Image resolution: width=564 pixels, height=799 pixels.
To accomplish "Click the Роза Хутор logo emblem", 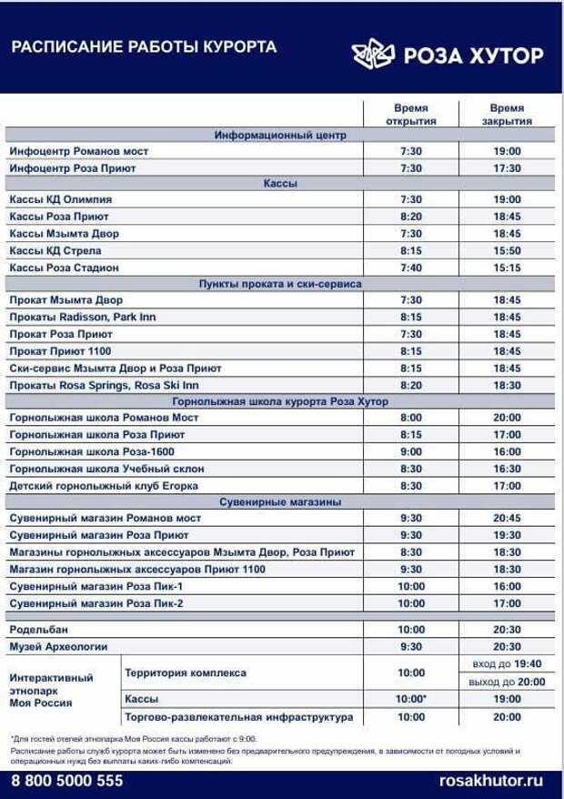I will [372, 55].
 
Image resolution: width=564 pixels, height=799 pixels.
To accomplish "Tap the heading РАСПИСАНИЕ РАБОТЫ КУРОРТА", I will [144, 46].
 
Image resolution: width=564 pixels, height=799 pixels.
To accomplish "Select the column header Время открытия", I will [411, 114].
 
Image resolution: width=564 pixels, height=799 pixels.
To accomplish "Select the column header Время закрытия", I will [507, 114].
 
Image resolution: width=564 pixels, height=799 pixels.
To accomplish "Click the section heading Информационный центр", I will [280, 135].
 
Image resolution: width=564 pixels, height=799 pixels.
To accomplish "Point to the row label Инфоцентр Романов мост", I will [78, 151].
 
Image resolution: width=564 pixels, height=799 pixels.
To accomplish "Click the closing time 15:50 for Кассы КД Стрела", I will [507, 251].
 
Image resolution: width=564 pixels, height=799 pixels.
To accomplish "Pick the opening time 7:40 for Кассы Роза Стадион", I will [411, 268].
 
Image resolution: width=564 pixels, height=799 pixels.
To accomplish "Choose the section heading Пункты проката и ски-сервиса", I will [280, 284].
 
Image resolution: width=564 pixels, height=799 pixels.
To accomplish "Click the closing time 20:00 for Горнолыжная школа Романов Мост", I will [507, 418].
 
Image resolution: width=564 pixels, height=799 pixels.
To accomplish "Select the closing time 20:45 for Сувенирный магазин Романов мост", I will [507, 519].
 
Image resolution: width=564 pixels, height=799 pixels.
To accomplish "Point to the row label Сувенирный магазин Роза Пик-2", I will [96, 603].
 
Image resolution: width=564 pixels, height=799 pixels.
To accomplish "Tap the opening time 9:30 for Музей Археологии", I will [411, 647].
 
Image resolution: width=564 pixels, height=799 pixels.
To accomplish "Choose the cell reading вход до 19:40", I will [507, 664].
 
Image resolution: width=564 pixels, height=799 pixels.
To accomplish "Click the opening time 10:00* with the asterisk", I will [411, 699].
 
